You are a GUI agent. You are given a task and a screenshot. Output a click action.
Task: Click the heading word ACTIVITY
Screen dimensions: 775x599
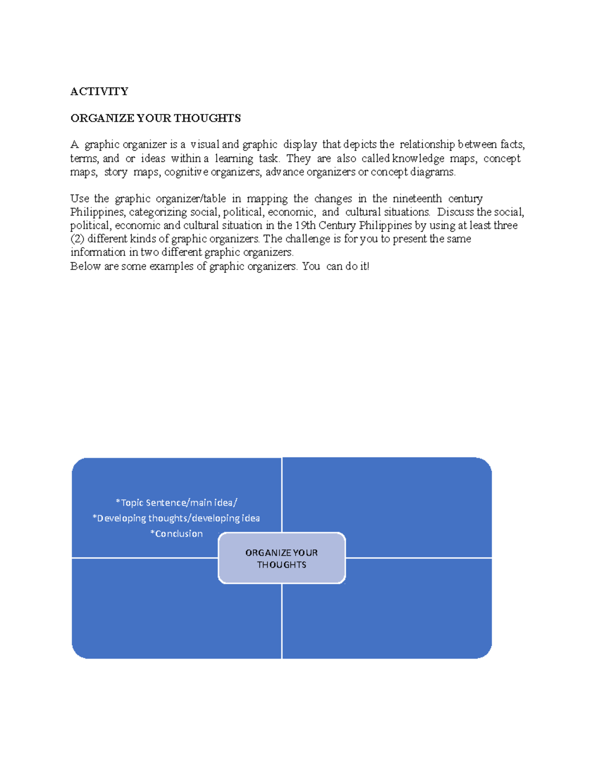(x=99, y=91)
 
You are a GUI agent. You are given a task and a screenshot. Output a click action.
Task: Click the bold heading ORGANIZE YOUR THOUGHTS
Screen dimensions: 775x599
(x=156, y=118)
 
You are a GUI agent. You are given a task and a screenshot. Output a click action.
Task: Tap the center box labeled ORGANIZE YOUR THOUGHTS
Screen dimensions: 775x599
(x=282, y=558)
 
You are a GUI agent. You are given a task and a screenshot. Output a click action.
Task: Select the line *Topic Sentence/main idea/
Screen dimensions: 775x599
(x=176, y=503)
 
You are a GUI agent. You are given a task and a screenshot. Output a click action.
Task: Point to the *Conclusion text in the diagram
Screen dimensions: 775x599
(x=176, y=533)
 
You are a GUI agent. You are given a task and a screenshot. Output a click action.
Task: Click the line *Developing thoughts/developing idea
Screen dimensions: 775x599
(x=176, y=518)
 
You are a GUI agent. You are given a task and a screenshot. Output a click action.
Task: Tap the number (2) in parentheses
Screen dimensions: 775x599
(x=77, y=239)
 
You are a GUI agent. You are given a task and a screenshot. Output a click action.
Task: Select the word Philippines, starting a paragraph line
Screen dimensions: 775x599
(x=97, y=212)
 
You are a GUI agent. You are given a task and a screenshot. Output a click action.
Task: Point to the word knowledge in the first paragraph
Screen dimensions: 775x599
(x=418, y=159)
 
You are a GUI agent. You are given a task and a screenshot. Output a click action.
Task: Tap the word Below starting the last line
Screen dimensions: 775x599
(x=85, y=266)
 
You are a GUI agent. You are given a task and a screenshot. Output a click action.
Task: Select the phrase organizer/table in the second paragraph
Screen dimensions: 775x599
(x=191, y=199)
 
